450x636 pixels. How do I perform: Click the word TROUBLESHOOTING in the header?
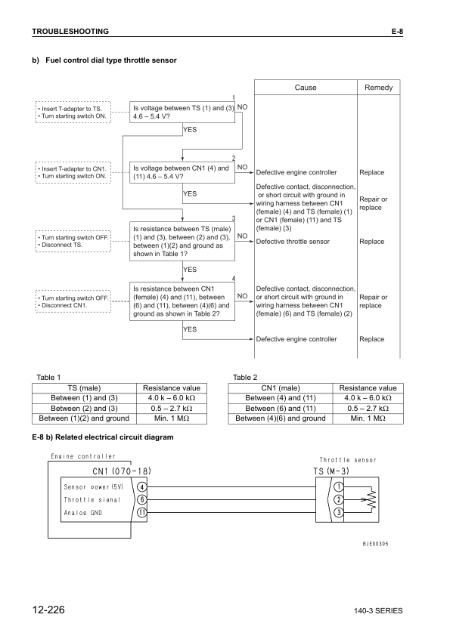[x=70, y=31]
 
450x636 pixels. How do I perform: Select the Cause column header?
[x=305, y=88]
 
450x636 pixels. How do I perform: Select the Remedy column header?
[x=378, y=88]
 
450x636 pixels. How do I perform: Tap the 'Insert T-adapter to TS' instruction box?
[x=73, y=113]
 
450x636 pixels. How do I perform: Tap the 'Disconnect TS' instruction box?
[x=73, y=241]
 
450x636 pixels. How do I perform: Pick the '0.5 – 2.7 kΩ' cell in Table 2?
[x=368, y=408]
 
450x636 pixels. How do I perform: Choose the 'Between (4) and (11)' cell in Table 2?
[x=281, y=398]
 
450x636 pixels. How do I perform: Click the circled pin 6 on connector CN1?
[x=141, y=499]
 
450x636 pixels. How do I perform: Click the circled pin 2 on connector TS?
[x=340, y=499]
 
